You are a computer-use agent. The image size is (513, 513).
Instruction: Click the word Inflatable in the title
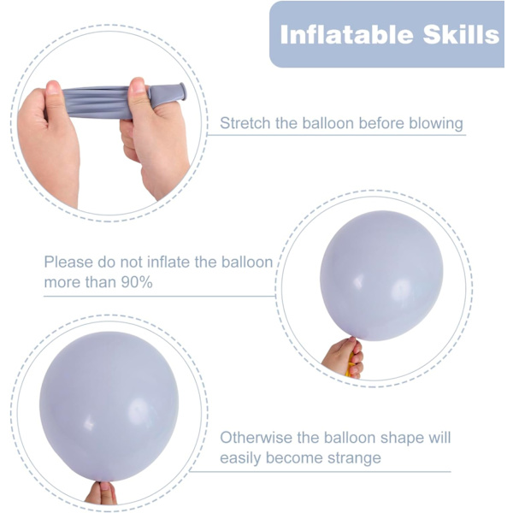pos(346,34)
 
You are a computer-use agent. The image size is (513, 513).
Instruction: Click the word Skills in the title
pos(461,34)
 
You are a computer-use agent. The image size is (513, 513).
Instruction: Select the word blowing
pos(436,124)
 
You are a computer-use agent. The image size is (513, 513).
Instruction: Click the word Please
pos(68,262)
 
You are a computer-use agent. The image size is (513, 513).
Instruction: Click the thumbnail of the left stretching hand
pos(53,88)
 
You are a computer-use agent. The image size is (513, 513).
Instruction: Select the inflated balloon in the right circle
pos(381,275)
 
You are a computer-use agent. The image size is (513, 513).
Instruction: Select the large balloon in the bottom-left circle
pos(109,406)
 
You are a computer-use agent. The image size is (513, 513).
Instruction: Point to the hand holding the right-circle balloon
pos(343,358)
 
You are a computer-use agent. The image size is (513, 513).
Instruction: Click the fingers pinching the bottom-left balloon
pos(101,492)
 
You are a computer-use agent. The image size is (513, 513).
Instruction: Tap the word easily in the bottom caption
pos(241,458)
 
